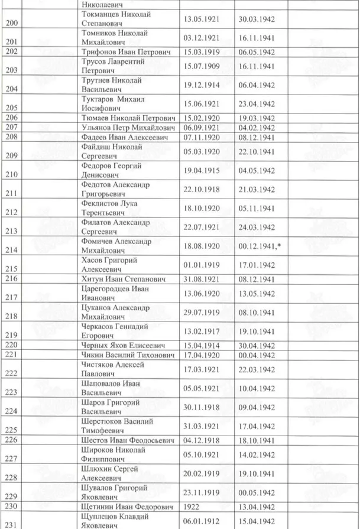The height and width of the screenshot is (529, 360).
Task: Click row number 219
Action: tap(11, 335)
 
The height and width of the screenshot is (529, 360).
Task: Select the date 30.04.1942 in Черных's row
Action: tap(255, 345)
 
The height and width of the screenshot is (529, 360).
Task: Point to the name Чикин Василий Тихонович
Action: tap(125, 355)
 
